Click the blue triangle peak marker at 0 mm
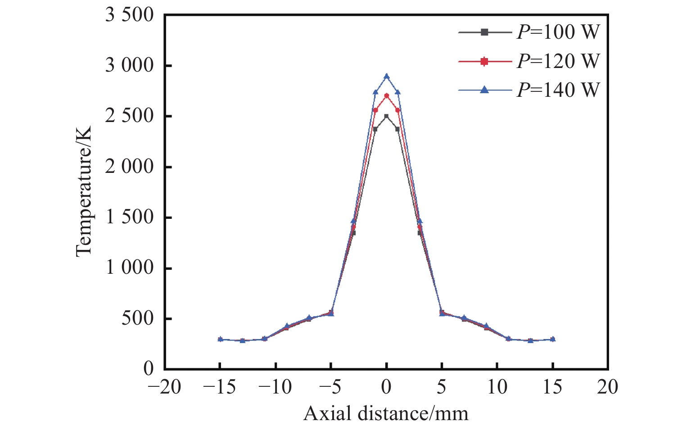coord(386,76)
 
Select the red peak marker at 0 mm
coord(386,95)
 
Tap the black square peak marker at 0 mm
coord(386,116)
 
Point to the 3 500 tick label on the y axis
coord(129,15)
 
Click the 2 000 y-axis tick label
coord(129,167)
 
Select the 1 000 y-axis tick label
coord(129,268)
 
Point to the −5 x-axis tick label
coord(331,387)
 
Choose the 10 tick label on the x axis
coord(497,387)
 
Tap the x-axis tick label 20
coord(608,387)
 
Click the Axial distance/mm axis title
coord(386,413)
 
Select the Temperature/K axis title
coord(84,192)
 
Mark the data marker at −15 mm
coord(220,339)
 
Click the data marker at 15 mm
coord(552,339)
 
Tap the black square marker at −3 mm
coord(353,233)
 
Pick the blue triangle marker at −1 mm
coord(375,92)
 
